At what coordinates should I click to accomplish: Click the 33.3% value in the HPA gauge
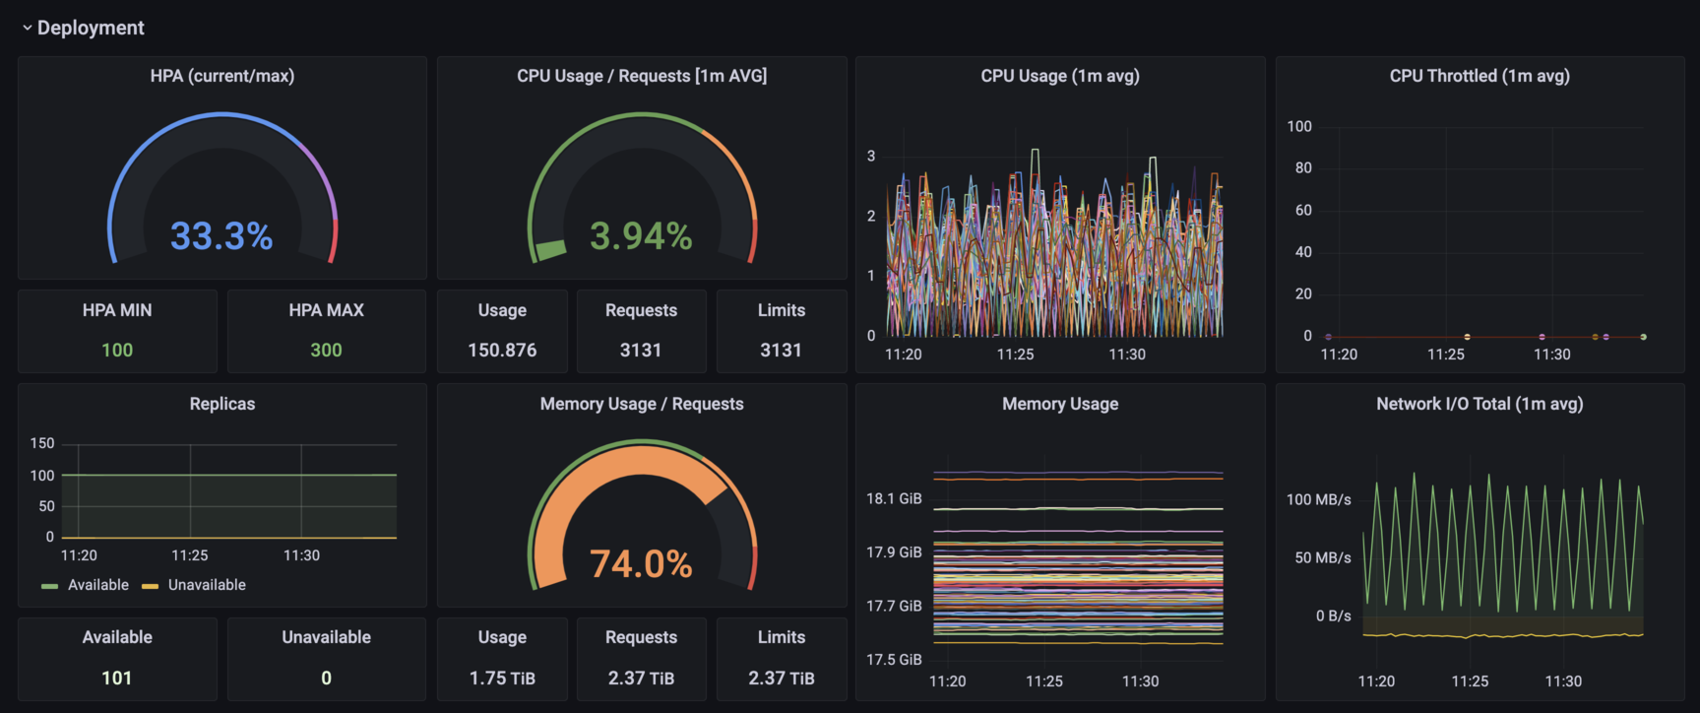[221, 236]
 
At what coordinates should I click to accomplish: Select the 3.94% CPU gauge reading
[641, 236]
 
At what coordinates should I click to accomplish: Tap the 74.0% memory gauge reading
[641, 564]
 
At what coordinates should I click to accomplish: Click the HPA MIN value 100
[117, 350]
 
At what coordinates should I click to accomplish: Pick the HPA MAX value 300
[326, 350]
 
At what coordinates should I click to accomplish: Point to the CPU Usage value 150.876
[502, 350]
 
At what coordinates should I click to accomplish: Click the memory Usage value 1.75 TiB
[502, 678]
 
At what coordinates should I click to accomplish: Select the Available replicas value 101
[117, 678]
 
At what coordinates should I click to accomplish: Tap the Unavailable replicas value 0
[326, 678]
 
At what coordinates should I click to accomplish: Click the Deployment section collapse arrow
[27, 29]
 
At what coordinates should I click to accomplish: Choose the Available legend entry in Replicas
[97, 585]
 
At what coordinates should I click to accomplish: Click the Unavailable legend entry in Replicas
[207, 585]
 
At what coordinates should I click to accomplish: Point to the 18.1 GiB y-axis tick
[894, 499]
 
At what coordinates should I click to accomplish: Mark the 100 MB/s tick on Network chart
[1318, 500]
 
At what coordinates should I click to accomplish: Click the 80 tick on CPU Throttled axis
[1303, 168]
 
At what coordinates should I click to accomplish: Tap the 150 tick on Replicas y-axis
[42, 443]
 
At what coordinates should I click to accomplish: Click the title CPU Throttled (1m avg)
[1479, 76]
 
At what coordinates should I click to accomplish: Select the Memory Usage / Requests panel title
[641, 404]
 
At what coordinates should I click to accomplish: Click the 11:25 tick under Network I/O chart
[1470, 681]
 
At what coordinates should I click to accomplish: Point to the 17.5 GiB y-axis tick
[894, 660]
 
